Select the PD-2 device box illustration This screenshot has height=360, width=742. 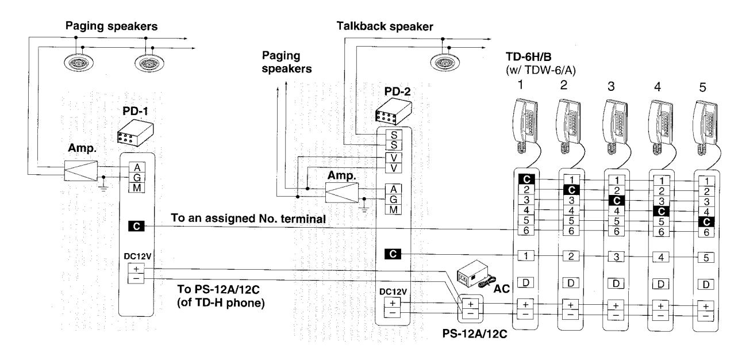394,112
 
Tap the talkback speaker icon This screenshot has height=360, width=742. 445,62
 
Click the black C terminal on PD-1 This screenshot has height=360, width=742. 136,227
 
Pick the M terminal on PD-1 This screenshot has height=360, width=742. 137,188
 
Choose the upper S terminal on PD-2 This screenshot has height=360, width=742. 394,135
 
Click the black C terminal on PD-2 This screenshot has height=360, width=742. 393,254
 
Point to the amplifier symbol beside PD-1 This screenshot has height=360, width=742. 81,171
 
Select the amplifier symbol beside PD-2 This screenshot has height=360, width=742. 342,193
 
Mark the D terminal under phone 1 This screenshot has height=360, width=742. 526,283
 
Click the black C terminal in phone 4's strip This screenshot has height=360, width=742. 661,211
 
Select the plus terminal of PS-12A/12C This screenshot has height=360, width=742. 470,304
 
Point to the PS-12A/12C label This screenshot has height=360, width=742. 475,334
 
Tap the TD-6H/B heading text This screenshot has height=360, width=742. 528,57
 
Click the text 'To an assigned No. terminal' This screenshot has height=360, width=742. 248,219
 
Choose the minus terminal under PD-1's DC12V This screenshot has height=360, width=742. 136,278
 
